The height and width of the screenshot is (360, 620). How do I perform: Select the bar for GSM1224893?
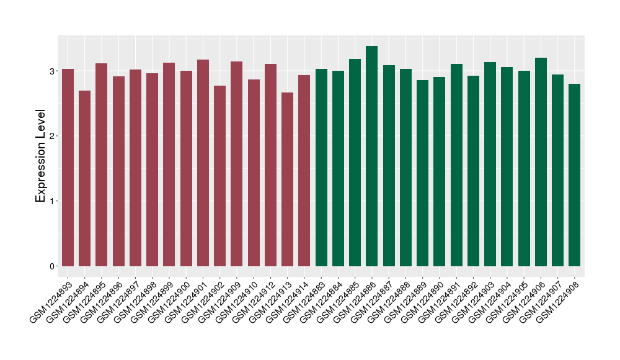pyautogui.click(x=68, y=168)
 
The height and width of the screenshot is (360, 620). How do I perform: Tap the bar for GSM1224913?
pyautogui.click(x=287, y=179)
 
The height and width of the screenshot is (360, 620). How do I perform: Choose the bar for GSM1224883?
pyautogui.click(x=321, y=168)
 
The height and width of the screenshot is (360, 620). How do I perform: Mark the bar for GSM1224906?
pyautogui.click(x=541, y=162)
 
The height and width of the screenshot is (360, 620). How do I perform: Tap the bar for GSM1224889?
pyautogui.click(x=422, y=173)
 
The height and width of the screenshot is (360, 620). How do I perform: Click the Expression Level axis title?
pyautogui.click(x=41, y=156)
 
